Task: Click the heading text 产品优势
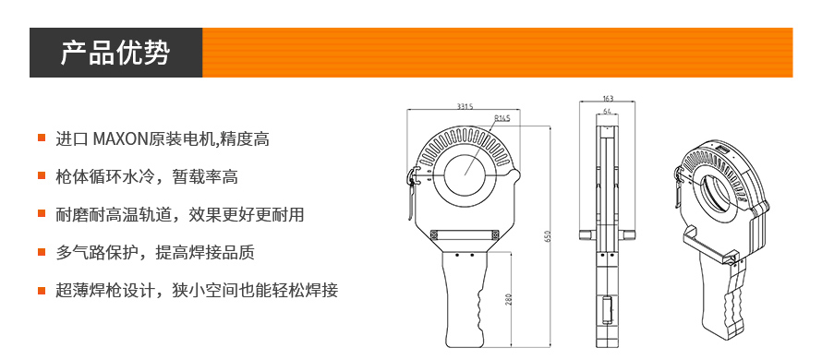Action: click(115, 53)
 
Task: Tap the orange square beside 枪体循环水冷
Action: click(42, 176)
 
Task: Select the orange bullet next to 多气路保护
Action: click(42, 252)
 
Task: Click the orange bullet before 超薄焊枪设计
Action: click(42, 290)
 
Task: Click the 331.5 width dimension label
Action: click(465, 106)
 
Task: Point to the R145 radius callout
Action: click(502, 118)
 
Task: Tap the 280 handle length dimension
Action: click(508, 299)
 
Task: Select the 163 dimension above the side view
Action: click(608, 99)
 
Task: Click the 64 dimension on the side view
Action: click(608, 111)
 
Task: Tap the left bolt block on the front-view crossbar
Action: click(435, 234)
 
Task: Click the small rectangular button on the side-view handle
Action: click(608, 309)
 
